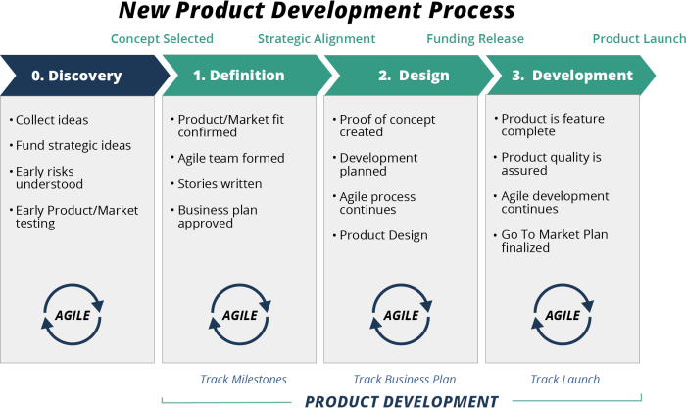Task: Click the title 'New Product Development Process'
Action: click(x=316, y=13)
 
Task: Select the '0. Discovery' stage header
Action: click(x=76, y=76)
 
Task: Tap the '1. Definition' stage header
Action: click(x=238, y=76)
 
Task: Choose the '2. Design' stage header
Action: click(x=401, y=76)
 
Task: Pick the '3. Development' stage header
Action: click(x=563, y=76)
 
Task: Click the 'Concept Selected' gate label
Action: click(x=162, y=39)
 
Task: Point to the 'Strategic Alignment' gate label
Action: click(x=317, y=39)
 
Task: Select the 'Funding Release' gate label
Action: click(x=475, y=39)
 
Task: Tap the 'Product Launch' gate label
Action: click(x=638, y=39)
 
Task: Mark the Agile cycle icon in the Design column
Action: click(x=401, y=316)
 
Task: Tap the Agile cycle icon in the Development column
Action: click(x=563, y=316)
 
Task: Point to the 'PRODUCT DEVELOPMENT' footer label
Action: click(x=401, y=400)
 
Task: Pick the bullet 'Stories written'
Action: click(x=220, y=183)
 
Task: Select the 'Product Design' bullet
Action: click(x=383, y=235)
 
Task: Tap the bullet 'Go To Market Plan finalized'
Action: click(x=552, y=241)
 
